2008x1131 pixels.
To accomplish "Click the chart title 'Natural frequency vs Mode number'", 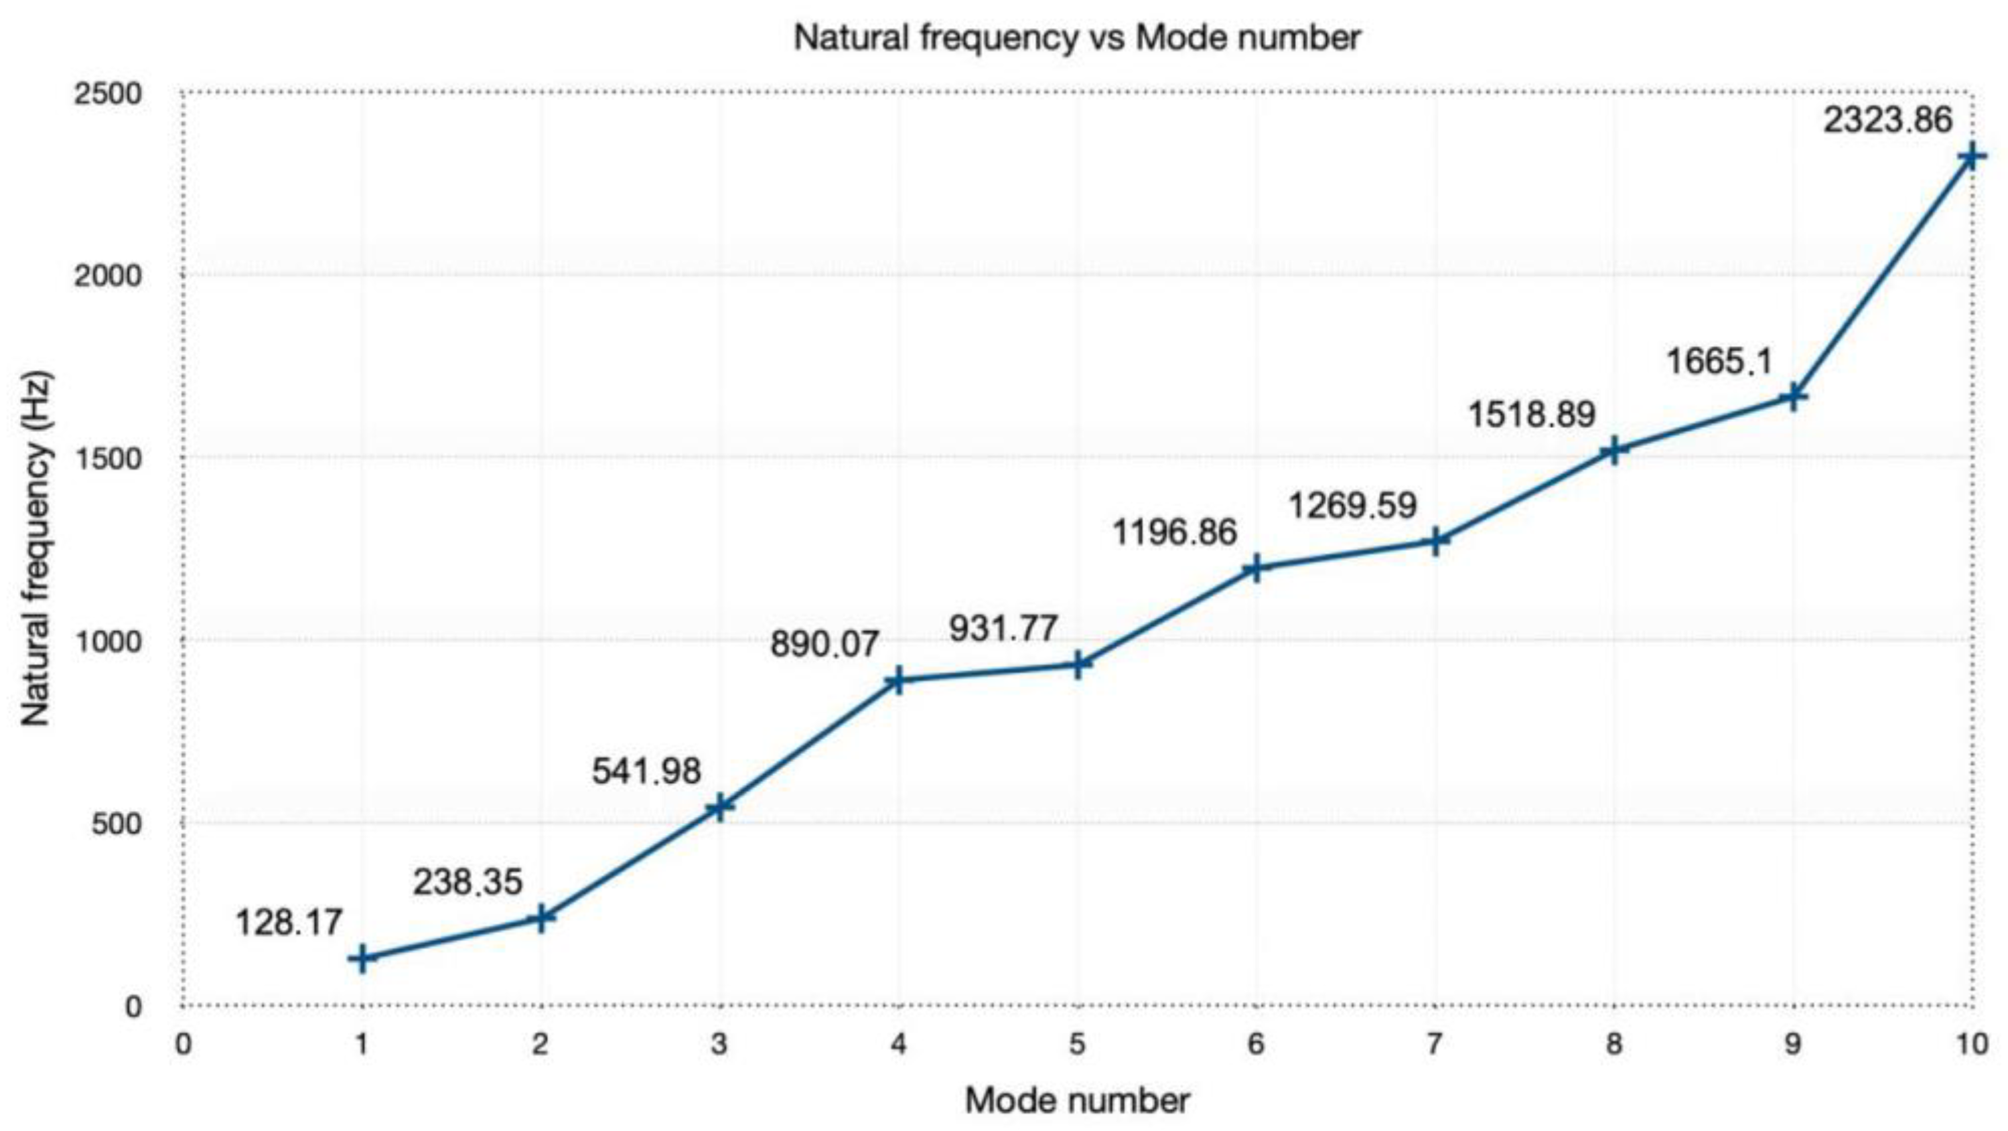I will pyautogui.click(x=1076, y=37).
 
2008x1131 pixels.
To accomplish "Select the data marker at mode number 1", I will pyautogui.click(x=362, y=958).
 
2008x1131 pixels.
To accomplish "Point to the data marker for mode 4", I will pyautogui.click(x=898, y=680).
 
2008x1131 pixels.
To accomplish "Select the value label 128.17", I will pyautogui.click(x=289, y=923).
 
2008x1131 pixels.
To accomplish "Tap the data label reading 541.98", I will pyautogui.click(x=646, y=771).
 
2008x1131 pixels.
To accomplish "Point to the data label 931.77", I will pyautogui.click(x=1003, y=629).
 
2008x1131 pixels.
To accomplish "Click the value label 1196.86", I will pyautogui.click(x=1174, y=533).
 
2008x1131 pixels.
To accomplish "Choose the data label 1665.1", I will pyautogui.click(x=1719, y=362).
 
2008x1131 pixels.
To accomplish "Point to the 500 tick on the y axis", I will pyautogui.click(x=117, y=824).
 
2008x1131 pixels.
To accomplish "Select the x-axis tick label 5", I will pyautogui.click(x=1077, y=1045).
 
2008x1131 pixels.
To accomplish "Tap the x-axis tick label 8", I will pyautogui.click(x=1613, y=1045).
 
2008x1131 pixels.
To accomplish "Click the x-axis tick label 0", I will pyautogui.click(x=182, y=1045).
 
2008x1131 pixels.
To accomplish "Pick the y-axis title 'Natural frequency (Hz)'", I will pyautogui.click(x=36, y=550).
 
